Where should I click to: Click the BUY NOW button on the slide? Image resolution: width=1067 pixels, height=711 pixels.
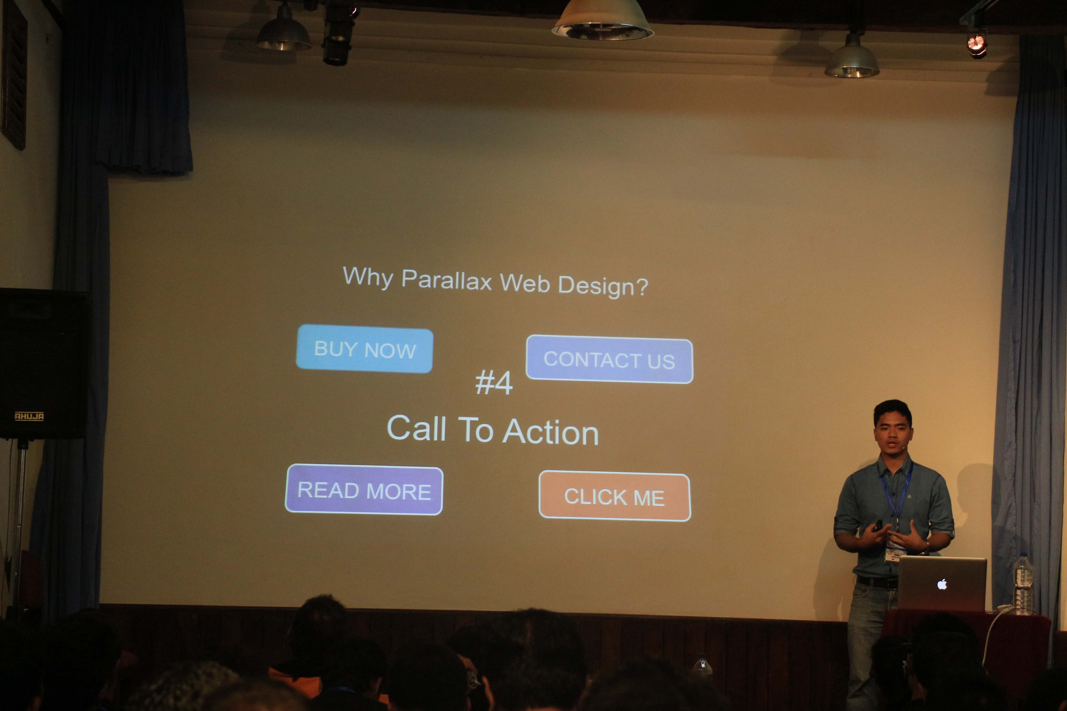point(364,349)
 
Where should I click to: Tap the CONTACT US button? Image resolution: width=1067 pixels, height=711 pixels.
point(609,359)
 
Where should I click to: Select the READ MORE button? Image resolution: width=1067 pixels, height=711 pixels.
point(364,490)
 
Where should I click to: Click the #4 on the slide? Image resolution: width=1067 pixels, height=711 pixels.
point(494,382)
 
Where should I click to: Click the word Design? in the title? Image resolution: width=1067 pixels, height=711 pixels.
point(603,286)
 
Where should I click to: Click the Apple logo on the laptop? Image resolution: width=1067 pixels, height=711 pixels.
point(942,584)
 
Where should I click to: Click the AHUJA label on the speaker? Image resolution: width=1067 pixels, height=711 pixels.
point(29,416)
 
